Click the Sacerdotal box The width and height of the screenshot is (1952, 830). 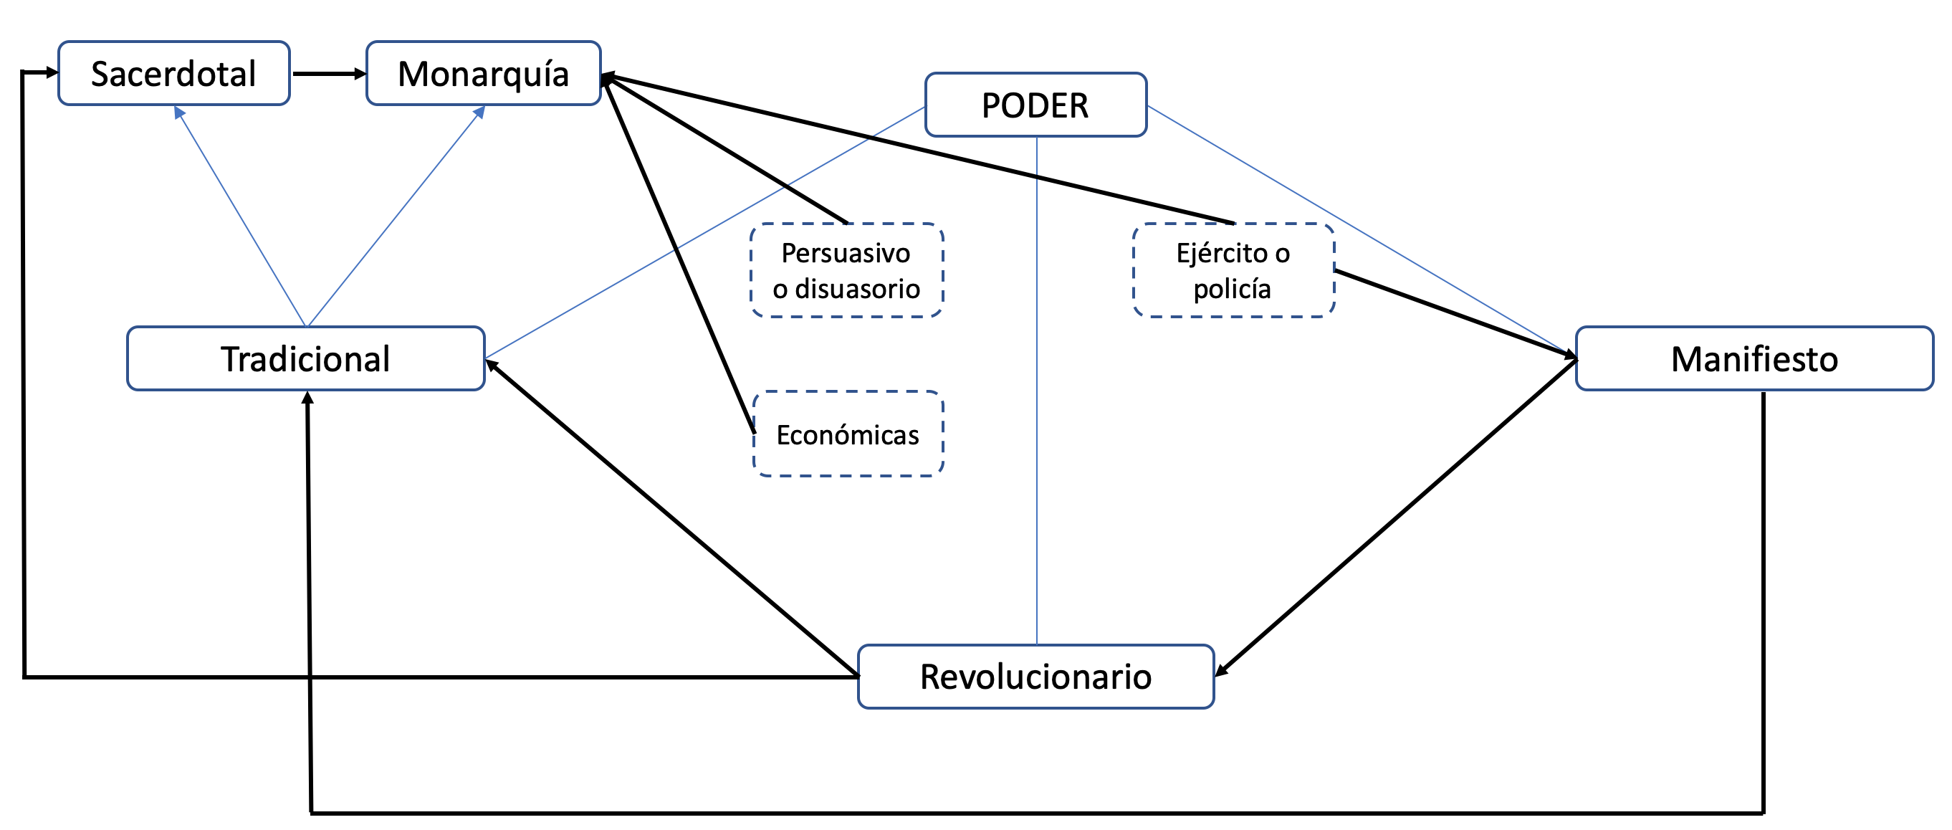click(x=173, y=74)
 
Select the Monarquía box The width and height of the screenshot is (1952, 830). click(x=483, y=74)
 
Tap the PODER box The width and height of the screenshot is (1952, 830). click(x=1035, y=105)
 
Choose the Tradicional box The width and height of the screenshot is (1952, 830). click(x=305, y=358)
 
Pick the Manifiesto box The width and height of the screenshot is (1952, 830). click(x=1754, y=358)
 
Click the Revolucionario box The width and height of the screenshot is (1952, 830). click(x=1035, y=677)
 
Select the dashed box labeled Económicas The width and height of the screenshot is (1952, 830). click(x=848, y=434)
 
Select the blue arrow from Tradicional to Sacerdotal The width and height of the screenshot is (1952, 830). click(x=241, y=216)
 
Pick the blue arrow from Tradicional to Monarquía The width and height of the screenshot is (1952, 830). click(x=396, y=216)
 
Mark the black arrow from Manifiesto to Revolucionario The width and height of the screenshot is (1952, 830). click(x=1396, y=517)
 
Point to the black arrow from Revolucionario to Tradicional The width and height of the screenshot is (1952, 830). click(x=671, y=518)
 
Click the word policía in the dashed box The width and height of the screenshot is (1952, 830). click(x=1231, y=289)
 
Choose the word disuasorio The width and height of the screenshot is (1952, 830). click(x=857, y=289)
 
